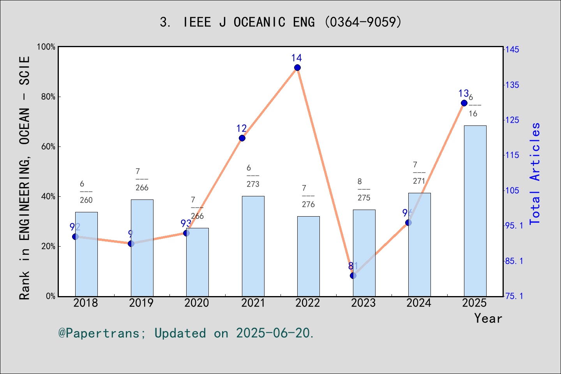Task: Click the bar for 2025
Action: click(x=475, y=211)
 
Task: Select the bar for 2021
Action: click(x=253, y=246)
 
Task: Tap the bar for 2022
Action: click(x=308, y=256)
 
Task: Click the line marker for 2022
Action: click(x=297, y=68)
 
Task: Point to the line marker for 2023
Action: click(x=353, y=275)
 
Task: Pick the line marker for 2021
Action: click(x=242, y=138)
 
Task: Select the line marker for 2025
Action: click(x=464, y=103)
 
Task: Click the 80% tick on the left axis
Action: click(x=48, y=97)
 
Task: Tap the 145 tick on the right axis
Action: click(x=512, y=49)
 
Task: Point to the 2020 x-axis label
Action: click(x=197, y=303)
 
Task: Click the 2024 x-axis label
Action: click(x=419, y=303)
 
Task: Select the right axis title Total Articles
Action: click(x=535, y=173)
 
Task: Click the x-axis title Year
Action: click(x=488, y=318)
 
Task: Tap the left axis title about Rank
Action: click(x=25, y=178)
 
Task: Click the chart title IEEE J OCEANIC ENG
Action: click(x=280, y=22)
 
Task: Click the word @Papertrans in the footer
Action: click(x=99, y=333)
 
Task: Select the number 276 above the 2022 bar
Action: click(x=308, y=204)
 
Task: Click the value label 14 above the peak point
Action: click(x=296, y=58)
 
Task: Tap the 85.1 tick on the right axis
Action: click(x=514, y=261)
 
